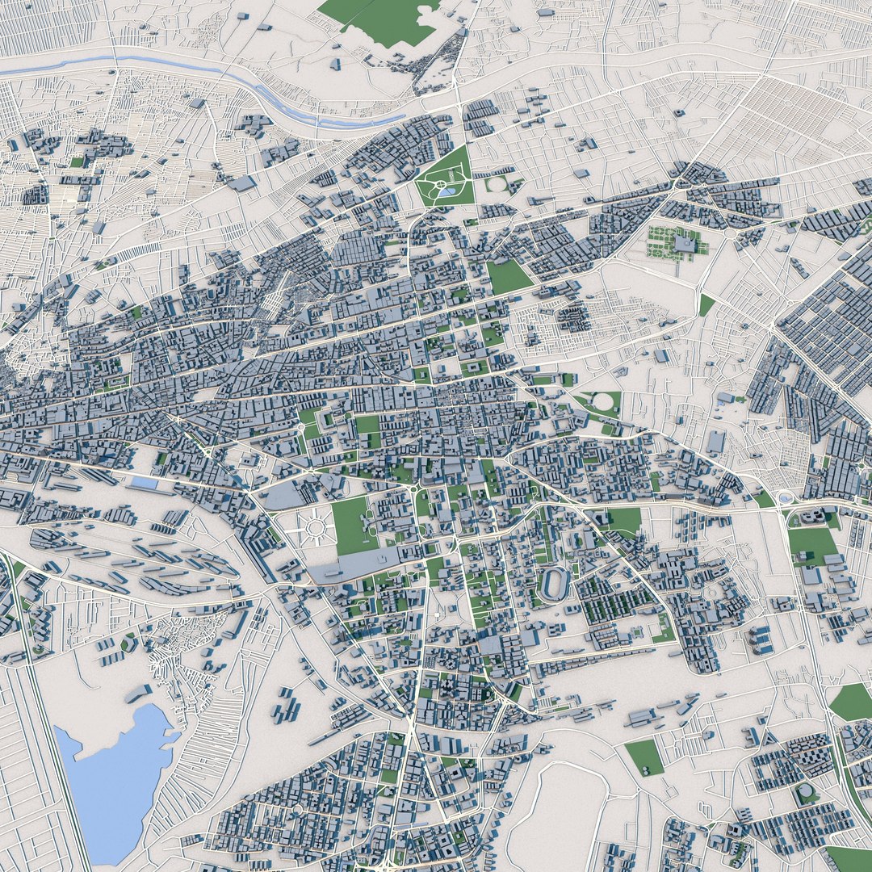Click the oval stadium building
[554, 583]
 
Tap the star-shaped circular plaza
[314, 529]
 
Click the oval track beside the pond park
[497, 184]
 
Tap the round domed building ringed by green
[806, 793]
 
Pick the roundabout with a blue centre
[786, 498]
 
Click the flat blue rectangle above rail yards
[145, 482]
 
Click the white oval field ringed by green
[603, 401]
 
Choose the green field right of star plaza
[352, 525]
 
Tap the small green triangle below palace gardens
[706, 304]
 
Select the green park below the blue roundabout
[812, 546]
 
